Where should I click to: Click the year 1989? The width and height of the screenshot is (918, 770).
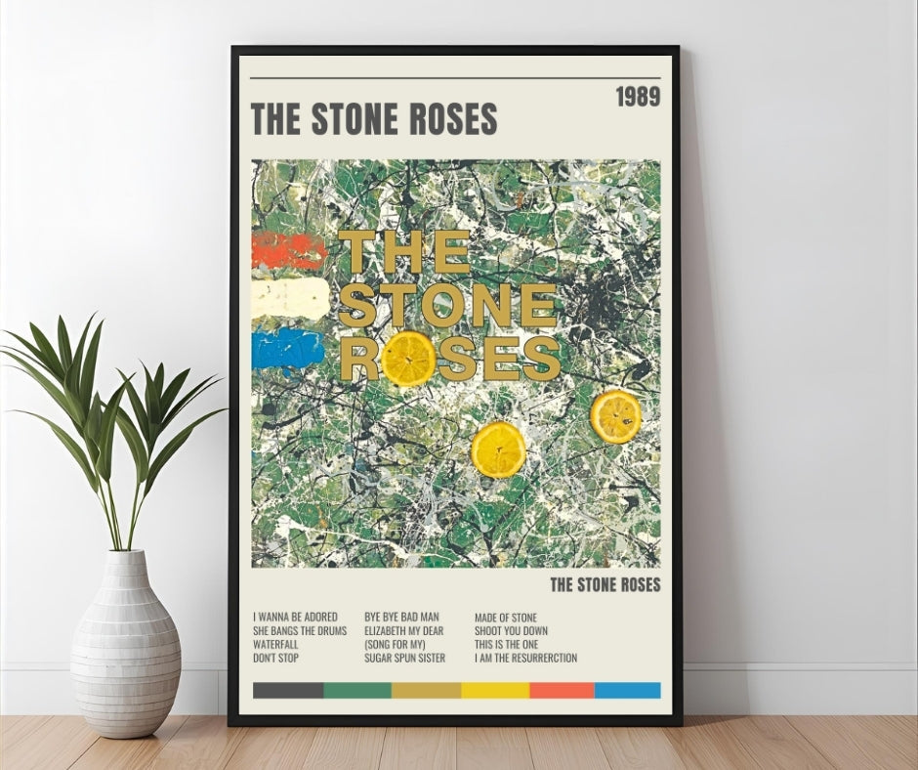(x=638, y=97)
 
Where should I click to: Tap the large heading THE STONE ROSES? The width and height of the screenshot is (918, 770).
(x=374, y=118)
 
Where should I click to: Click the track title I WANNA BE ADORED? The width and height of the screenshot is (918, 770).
(x=295, y=617)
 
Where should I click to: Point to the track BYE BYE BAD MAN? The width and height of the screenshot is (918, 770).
(x=401, y=617)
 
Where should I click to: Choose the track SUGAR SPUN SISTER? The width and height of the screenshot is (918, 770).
(x=404, y=658)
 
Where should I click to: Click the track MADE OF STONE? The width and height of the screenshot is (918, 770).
(x=506, y=617)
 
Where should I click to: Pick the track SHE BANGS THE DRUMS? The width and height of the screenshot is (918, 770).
(x=300, y=630)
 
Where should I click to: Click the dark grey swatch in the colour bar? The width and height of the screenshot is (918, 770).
(x=287, y=690)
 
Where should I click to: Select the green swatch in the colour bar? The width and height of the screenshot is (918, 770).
(x=357, y=690)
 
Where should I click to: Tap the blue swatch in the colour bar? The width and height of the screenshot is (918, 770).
(x=627, y=690)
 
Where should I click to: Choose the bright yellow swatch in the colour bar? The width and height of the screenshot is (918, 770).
(x=495, y=690)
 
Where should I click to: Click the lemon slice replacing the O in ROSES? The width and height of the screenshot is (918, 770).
(x=407, y=359)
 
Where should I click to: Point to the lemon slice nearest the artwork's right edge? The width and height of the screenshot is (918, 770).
(x=616, y=416)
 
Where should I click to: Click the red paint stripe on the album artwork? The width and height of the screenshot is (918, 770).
(x=289, y=251)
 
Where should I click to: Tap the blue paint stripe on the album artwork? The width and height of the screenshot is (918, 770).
(x=287, y=349)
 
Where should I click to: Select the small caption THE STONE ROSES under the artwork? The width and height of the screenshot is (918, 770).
(x=605, y=585)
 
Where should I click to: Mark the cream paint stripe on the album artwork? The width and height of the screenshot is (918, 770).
(x=290, y=299)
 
